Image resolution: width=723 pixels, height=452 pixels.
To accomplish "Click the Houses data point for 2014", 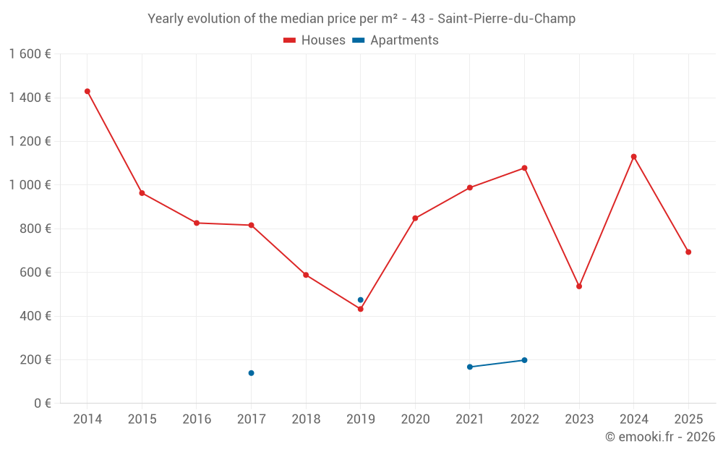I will pyautogui.click(x=87, y=91).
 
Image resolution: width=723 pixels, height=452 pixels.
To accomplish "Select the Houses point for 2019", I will pyautogui.click(x=361, y=309).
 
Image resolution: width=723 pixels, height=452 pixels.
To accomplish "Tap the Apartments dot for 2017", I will pyautogui.click(x=251, y=373).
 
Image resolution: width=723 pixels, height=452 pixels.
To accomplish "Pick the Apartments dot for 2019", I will pyautogui.click(x=361, y=300).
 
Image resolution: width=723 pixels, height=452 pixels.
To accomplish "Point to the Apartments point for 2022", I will pyautogui.click(x=524, y=360).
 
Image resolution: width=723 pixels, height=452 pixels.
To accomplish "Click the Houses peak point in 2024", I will pyautogui.click(x=634, y=156).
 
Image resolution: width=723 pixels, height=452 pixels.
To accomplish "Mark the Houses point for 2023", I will pyautogui.click(x=579, y=286).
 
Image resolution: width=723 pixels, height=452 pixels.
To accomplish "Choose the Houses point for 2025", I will pyautogui.click(x=688, y=252).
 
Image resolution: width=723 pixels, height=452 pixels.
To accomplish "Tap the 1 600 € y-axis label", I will pyautogui.click(x=30, y=54).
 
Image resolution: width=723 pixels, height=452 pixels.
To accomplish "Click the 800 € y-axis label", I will pyautogui.click(x=34, y=229).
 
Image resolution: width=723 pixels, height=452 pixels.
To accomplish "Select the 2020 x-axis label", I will pyautogui.click(x=415, y=419).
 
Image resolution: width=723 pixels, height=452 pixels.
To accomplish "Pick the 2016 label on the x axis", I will pyautogui.click(x=197, y=419).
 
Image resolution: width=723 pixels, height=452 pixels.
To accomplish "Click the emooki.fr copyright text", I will pyautogui.click(x=659, y=437).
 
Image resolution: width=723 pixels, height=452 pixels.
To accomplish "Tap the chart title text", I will pyautogui.click(x=361, y=19).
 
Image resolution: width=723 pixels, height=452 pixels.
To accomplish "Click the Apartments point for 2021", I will pyautogui.click(x=470, y=367).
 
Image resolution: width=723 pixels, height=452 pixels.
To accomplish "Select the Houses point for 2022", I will pyautogui.click(x=524, y=168).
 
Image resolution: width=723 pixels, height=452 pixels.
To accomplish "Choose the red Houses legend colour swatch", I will pyautogui.click(x=290, y=40).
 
